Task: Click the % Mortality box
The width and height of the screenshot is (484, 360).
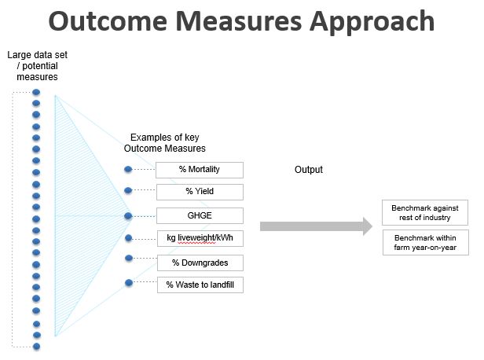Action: tap(200, 170)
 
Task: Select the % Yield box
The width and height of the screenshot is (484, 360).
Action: tap(200, 192)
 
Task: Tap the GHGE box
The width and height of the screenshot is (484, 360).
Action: tap(200, 215)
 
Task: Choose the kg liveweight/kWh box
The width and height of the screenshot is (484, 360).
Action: tap(200, 238)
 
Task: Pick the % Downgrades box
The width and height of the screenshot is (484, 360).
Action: tap(200, 263)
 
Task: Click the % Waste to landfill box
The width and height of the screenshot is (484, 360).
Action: tap(200, 285)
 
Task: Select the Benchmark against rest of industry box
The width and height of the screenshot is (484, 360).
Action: tap(425, 213)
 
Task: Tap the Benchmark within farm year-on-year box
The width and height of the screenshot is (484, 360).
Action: tap(426, 242)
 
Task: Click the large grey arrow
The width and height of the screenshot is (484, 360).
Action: tap(316, 226)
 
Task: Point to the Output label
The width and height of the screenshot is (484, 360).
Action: tap(308, 170)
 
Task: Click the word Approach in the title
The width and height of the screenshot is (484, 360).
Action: tap(372, 21)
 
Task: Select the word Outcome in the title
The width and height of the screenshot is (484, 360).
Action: tap(108, 21)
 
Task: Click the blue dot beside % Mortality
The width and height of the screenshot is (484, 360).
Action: tap(128, 169)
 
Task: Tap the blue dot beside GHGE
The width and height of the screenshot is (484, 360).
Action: tap(128, 216)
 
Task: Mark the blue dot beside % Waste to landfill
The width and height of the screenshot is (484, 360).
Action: tap(129, 282)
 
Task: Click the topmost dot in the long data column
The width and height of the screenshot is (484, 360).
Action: tap(36, 92)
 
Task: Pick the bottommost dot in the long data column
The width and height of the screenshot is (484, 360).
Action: tap(36, 347)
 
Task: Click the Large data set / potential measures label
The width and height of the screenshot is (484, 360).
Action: tap(38, 66)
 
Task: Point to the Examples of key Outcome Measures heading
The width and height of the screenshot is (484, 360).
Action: tap(164, 142)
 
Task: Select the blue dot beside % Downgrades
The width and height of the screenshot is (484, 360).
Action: tap(129, 258)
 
